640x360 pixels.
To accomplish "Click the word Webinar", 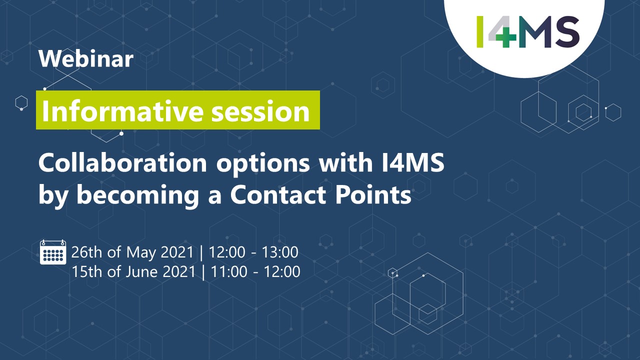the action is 86,59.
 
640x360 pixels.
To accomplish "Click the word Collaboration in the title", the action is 122,162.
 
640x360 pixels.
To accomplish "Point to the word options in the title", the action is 263,164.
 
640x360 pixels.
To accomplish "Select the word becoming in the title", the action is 137,195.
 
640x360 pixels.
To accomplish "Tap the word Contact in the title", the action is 278,195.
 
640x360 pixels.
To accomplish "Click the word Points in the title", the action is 373,195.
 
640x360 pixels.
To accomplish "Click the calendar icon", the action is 53,252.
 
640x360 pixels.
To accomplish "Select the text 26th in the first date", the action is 87,252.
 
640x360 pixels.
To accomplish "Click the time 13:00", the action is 280,252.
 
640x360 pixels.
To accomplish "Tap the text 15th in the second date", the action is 87,271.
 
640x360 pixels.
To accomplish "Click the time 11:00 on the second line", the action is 229,271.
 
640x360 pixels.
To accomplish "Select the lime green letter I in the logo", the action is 480,31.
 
